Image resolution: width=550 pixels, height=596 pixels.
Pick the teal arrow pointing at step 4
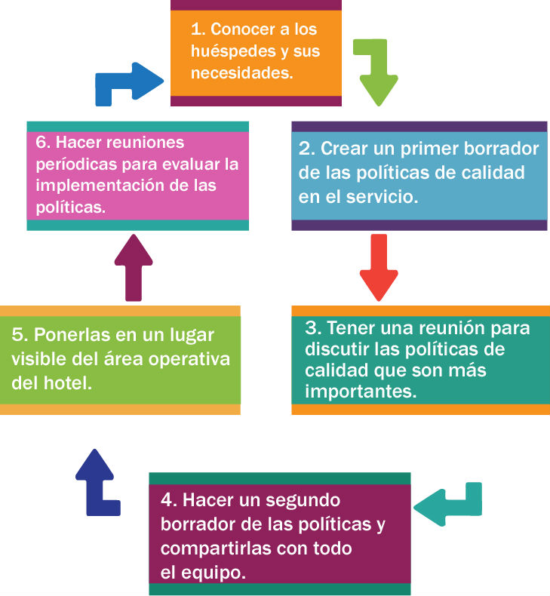coord(448,505)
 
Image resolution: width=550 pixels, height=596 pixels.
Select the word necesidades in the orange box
coord(241,72)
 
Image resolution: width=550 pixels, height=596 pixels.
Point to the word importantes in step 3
coord(361,391)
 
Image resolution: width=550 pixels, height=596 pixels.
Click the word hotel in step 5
coord(68,382)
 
